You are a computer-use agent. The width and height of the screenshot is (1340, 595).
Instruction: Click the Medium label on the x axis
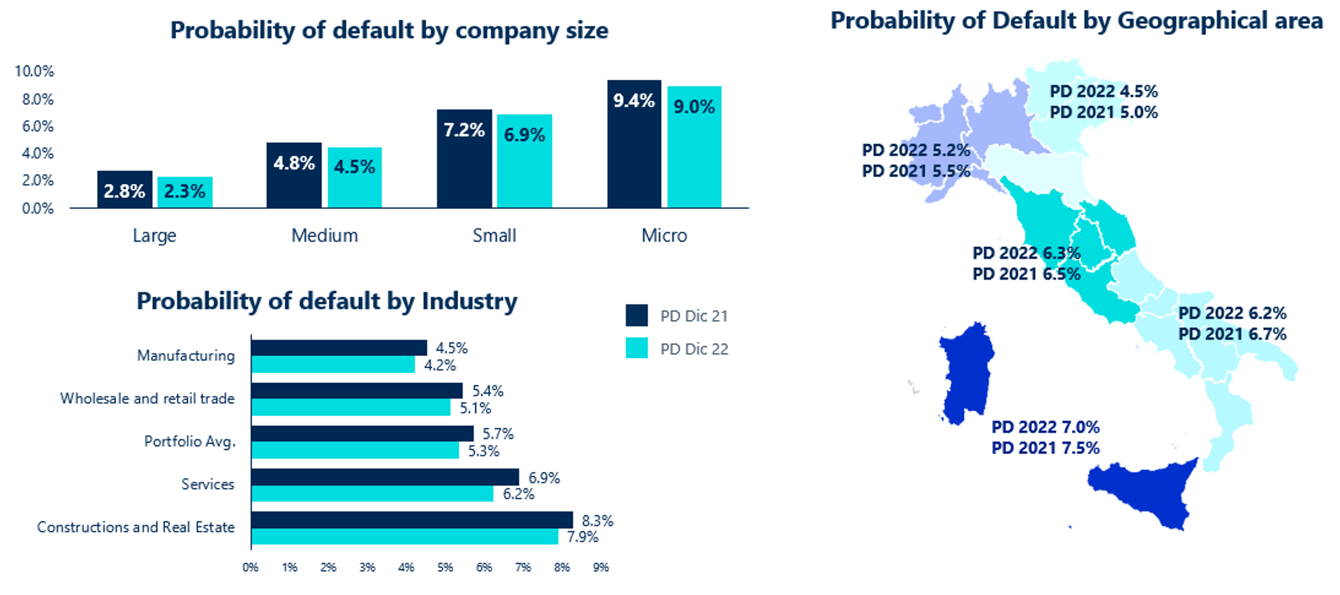[325, 235]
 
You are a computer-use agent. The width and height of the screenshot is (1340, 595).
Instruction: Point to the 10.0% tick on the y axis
[35, 71]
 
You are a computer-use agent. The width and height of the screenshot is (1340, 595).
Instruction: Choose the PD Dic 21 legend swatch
[637, 315]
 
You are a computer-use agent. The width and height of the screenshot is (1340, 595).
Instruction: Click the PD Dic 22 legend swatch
[637, 348]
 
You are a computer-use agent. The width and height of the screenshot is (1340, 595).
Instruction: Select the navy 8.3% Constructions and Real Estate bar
[411, 520]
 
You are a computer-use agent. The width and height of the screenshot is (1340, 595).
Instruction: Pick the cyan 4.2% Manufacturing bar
[332, 365]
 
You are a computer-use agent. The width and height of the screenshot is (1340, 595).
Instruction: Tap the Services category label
[207, 484]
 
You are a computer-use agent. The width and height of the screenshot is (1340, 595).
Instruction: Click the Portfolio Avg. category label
[190, 441]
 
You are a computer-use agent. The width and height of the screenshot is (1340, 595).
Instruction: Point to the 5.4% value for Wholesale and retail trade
[488, 391]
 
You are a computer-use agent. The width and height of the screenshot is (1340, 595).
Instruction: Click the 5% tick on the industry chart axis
[445, 567]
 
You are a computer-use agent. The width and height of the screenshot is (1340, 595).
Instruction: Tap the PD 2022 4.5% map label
[1103, 91]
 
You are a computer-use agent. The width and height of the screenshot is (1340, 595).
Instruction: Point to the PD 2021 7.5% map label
[1045, 448]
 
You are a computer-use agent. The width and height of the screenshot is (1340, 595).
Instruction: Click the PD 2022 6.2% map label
[1232, 313]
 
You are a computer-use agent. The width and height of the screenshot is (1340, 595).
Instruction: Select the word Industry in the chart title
[469, 301]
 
